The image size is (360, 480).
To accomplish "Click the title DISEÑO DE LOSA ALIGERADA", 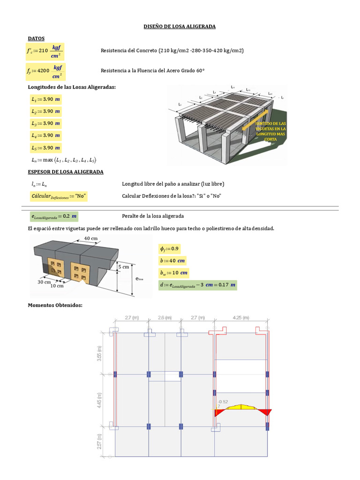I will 180,27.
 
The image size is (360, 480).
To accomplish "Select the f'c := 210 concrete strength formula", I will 45,51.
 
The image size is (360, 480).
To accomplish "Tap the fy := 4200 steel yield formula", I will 45,71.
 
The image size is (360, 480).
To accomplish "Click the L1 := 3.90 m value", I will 45,99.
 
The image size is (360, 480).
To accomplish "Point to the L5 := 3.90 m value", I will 45,148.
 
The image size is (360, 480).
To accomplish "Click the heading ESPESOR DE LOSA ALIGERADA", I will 66,172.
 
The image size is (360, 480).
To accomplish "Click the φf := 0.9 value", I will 169,248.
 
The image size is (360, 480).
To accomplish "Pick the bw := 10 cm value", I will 173,272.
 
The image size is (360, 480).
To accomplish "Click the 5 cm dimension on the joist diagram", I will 124,267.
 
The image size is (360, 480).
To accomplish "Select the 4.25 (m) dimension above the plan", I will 240,318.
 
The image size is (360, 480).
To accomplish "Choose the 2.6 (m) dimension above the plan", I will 164,318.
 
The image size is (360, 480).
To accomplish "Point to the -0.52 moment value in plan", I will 223,402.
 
